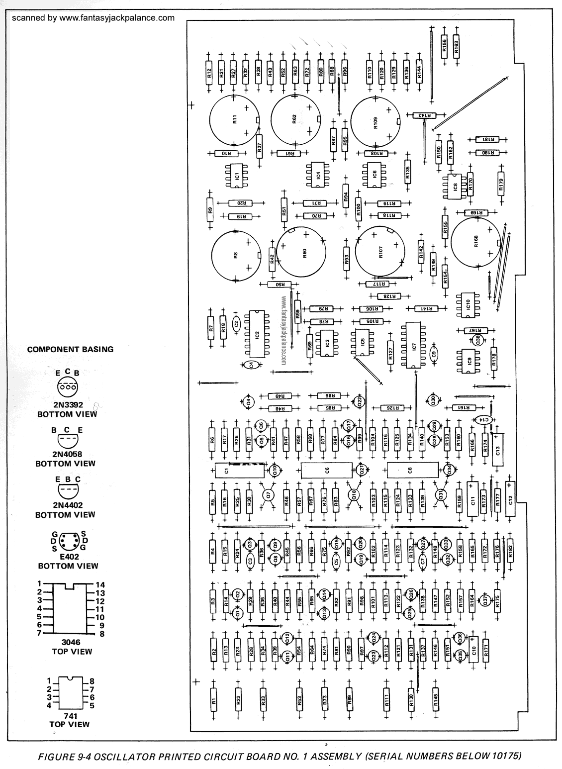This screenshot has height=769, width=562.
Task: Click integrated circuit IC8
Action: pyautogui.click(x=455, y=186)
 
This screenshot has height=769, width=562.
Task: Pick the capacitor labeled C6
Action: pyautogui.click(x=327, y=470)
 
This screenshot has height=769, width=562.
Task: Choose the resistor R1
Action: pyautogui.click(x=213, y=701)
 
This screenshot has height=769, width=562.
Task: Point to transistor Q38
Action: pyautogui.click(x=477, y=340)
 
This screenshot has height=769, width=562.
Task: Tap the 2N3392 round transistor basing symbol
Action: pyautogui.click(x=67, y=386)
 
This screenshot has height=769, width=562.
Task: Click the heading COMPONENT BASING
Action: pyautogui.click(x=70, y=349)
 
